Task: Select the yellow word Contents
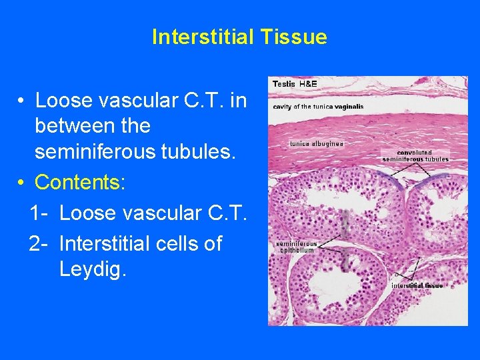[79, 182]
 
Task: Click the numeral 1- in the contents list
[39, 213]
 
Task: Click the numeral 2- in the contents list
[39, 244]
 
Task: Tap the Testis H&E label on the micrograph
[295, 84]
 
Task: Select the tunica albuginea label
[317, 143]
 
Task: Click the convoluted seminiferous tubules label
[415, 155]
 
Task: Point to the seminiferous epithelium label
[296, 247]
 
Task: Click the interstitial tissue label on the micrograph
[417, 285]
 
